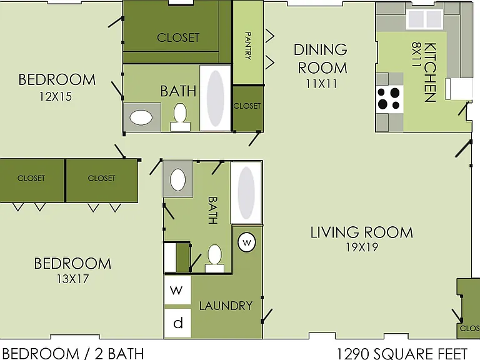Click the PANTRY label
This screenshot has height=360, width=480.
(x=248, y=46)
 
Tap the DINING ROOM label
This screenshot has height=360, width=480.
(x=321, y=59)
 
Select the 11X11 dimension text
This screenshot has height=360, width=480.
(x=321, y=84)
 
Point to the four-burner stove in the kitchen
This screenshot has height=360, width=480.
(x=389, y=99)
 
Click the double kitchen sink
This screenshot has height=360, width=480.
(x=424, y=19)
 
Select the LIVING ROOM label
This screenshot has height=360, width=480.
(x=362, y=232)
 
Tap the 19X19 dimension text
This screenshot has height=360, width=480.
(x=362, y=247)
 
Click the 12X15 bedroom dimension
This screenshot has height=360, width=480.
(x=56, y=97)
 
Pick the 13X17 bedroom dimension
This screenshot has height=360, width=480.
(x=72, y=279)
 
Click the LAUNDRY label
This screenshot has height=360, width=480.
(x=226, y=306)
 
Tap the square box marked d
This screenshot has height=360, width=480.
(x=177, y=323)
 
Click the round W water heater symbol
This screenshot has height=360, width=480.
(x=247, y=242)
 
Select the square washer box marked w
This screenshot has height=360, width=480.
(x=177, y=290)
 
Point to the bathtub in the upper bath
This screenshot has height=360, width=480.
(x=215, y=98)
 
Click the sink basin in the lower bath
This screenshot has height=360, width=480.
(x=178, y=180)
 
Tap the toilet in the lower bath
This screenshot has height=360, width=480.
(x=214, y=258)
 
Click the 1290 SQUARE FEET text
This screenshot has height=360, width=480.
(x=402, y=354)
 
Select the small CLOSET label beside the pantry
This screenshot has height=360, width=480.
(x=247, y=106)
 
